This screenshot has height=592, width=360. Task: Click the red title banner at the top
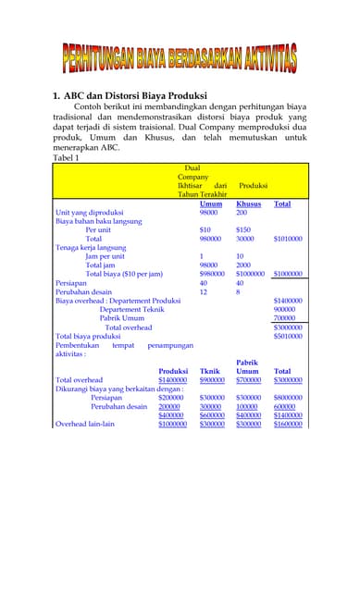[x=180, y=58]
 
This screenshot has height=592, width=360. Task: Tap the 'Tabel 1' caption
[x=67, y=158]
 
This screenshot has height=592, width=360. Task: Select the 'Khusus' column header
[x=248, y=203]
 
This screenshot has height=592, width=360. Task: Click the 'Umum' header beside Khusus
[x=211, y=203]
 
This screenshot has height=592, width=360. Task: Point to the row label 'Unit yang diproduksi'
[x=90, y=213]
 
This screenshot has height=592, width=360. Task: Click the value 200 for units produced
[x=242, y=213]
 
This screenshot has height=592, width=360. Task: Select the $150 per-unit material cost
[x=243, y=229]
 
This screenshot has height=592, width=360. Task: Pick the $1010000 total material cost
[x=288, y=239]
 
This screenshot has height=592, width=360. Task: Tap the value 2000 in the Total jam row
[x=243, y=265]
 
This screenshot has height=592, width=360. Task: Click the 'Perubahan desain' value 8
[x=239, y=291]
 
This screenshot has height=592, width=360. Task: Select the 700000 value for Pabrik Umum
[x=285, y=318]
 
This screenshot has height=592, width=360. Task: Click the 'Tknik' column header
[x=210, y=371]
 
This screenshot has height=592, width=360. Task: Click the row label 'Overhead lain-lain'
[x=85, y=424]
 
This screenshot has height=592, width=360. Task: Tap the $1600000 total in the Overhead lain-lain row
[x=288, y=424]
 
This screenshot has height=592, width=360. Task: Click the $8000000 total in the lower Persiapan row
[x=288, y=398]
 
